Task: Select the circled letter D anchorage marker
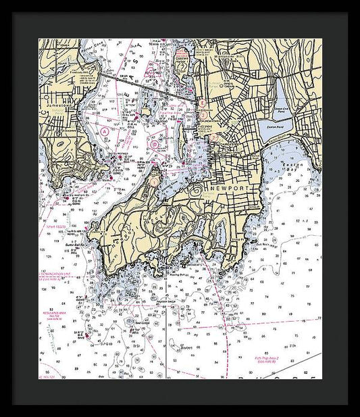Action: click(x=155, y=143)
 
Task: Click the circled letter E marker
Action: click(x=201, y=103)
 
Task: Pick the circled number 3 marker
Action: click(x=202, y=116)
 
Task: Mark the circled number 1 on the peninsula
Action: click(x=154, y=181)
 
